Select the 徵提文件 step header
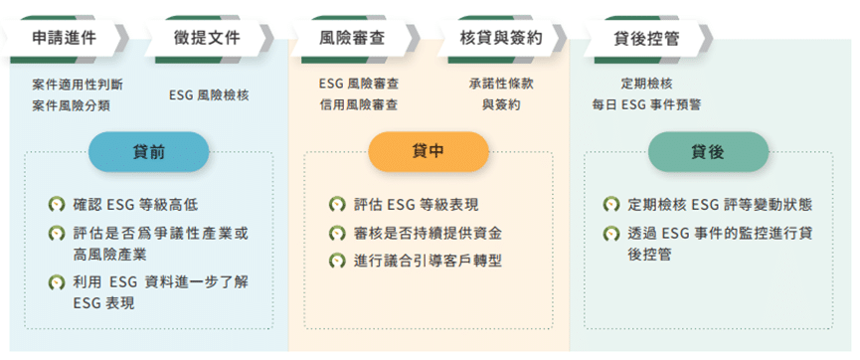208,40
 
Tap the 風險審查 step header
352,40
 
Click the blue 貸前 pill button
149,151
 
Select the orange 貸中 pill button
429,151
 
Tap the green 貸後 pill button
708,151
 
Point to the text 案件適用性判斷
78,85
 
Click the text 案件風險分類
71,104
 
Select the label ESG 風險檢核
209,94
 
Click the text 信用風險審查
359,104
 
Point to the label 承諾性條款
502,85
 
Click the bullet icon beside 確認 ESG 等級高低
57,206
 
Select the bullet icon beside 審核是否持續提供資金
337,234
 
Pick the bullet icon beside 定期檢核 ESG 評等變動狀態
613,206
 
